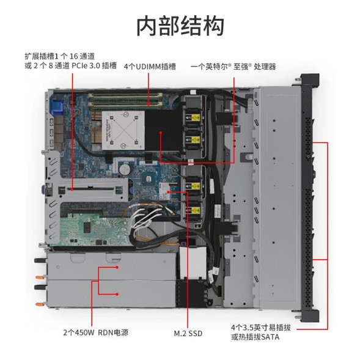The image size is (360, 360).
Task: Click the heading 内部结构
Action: click(x=180, y=26)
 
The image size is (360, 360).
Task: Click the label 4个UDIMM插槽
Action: click(x=150, y=66)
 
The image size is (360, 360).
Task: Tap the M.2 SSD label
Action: click(x=188, y=334)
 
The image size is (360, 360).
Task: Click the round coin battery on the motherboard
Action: click(x=125, y=166)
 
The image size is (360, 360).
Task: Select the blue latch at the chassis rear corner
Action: click(x=59, y=105)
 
